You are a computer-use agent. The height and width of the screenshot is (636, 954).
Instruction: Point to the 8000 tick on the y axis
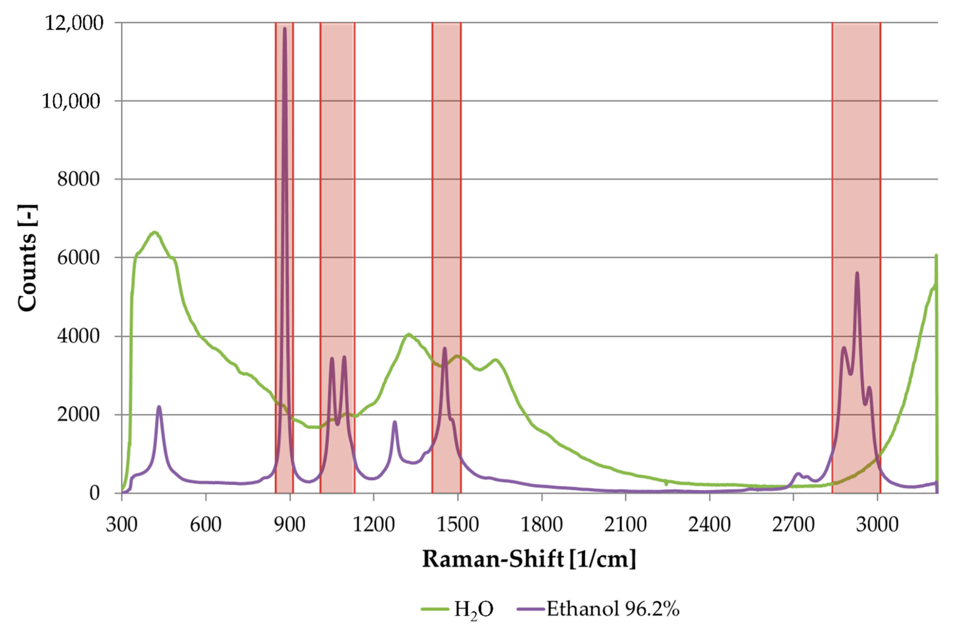coord(78,179)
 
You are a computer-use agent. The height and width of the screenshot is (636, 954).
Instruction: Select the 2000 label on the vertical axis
coord(78,415)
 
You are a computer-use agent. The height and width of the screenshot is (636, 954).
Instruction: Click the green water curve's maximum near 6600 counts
coord(154,232)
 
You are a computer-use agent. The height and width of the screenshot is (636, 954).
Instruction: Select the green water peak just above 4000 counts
coord(409,335)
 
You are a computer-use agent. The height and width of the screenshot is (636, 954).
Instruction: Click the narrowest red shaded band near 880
coord(284,260)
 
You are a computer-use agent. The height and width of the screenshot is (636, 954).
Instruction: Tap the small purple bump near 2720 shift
coord(798,474)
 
